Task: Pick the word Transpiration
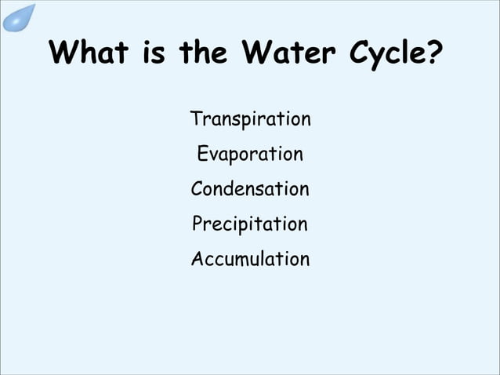click(x=250, y=120)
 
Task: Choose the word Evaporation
click(x=250, y=155)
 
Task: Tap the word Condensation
click(x=250, y=189)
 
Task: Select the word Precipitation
click(x=250, y=224)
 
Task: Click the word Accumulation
click(x=250, y=258)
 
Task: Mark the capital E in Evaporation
click(x=202, y=154)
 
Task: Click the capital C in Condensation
click(x=197, y=189)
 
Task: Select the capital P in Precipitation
click(x=197, y=224)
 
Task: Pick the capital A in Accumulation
click(x=197, y=258)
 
